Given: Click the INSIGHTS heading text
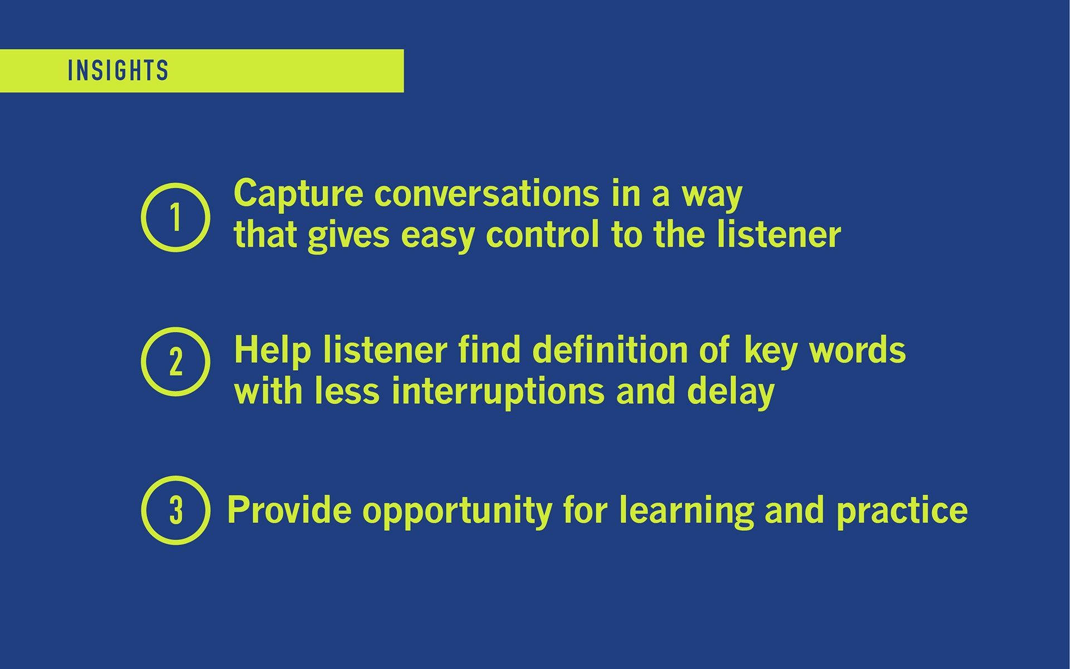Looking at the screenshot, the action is coord(118,71).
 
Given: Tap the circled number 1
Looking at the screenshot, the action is coord(176,217).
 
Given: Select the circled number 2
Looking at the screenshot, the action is coord(176,362).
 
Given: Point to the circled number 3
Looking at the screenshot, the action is coord(176,510).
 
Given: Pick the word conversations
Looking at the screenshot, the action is coord(487,194).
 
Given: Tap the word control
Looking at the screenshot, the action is coord(543,234).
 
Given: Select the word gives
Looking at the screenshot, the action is coord(348,236).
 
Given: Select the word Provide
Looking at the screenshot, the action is coord(289,510).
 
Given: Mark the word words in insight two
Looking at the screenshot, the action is coord(858,350).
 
